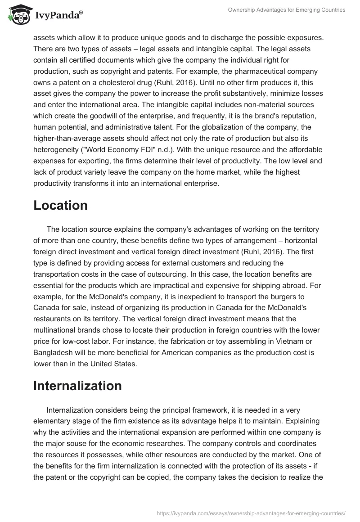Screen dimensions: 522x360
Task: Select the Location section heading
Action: point(60,205)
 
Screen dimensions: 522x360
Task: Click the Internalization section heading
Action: point(77,386)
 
